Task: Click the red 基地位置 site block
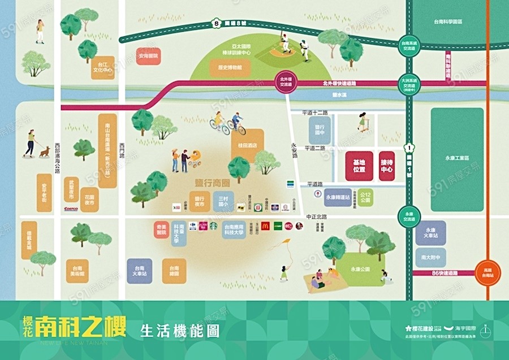tap(359, 166)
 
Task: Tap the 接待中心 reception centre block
tap(387, 166)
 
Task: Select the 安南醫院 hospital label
tap(148, 57)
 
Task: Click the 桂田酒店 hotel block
tap(248, 145)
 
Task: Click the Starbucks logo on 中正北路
tap(214, 225)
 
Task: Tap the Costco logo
tap(71, 209)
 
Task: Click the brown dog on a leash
tap(44, 151)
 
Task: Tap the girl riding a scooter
tap(363, 122)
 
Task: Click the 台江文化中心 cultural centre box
tap(104, 67)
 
